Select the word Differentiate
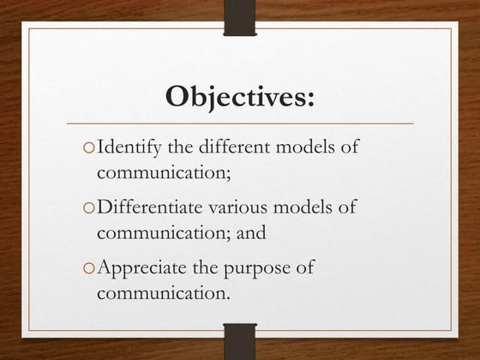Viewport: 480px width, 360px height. click(x=151, y=207)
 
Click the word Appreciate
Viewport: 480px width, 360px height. click(x=141, y=267)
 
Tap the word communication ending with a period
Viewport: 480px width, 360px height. click(x=164, y=292)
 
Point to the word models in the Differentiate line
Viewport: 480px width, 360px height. click(x=307, y=207)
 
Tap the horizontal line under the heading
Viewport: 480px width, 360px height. click(x=240, y=124)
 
